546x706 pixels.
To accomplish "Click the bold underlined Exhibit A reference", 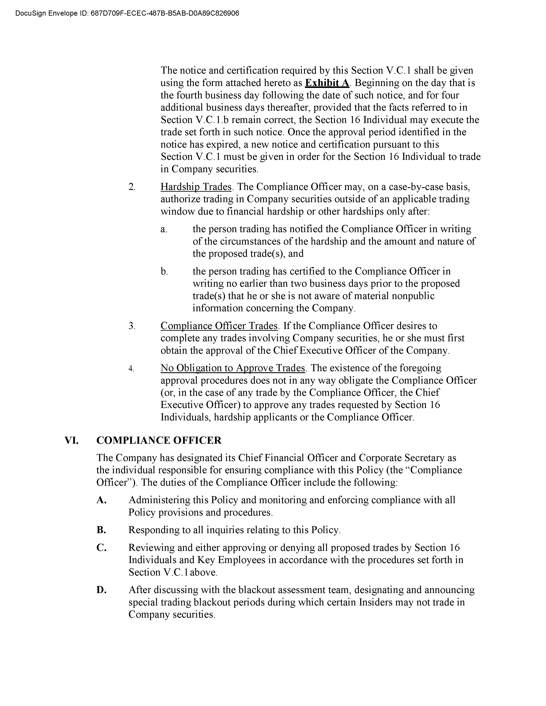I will coord(327,83).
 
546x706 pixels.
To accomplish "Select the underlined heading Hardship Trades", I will coord(196,187).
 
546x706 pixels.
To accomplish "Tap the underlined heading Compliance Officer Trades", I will coord(219,326).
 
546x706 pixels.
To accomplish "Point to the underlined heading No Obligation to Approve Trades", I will coord(233,368).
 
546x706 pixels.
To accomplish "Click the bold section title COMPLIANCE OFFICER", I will coord(159,440).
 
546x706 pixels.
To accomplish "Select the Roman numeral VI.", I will coord(72,440).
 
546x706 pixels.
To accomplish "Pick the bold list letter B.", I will coord(101,530).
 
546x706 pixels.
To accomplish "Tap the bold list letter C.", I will coord(101,548).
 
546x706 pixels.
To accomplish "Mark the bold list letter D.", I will coord(101,590).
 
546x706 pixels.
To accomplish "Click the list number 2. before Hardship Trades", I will coord(132,187).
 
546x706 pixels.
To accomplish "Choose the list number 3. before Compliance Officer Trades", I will coord(132,326).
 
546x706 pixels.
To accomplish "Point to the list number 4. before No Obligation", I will coord(131,368).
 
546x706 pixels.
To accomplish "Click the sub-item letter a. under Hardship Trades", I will coord(164,229).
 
